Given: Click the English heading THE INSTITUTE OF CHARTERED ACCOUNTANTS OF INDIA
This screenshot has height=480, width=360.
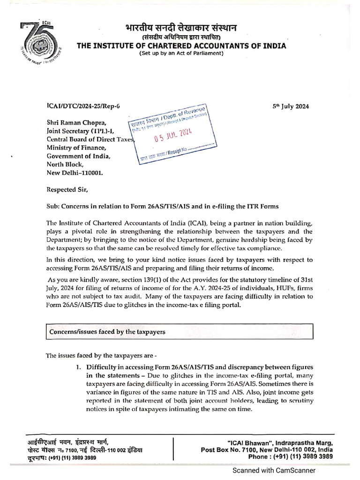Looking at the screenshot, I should [181, 45].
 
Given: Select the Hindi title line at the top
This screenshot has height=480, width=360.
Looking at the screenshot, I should [181, 27].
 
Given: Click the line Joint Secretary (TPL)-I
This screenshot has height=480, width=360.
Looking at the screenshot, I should [80, 131].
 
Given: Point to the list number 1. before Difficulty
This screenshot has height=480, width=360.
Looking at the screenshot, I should [79, 367].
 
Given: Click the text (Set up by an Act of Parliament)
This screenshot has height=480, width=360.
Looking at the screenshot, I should [181, 53].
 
